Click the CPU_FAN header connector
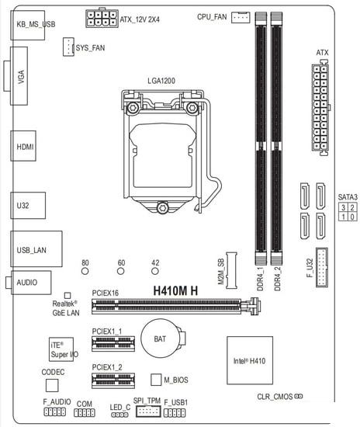241,17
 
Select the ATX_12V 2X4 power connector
102,18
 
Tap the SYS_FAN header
68,47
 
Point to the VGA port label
21,77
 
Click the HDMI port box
23,146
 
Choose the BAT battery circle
161,338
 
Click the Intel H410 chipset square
250,360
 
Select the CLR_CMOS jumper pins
299,396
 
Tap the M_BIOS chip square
156,380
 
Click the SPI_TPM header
148,411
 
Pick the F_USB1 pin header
175,413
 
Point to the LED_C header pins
119,415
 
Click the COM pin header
85,412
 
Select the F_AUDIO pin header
54,411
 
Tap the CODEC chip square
52,385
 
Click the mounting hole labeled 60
120,271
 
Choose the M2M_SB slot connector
231,270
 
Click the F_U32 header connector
322,267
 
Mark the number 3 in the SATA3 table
343,207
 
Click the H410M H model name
175,291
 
